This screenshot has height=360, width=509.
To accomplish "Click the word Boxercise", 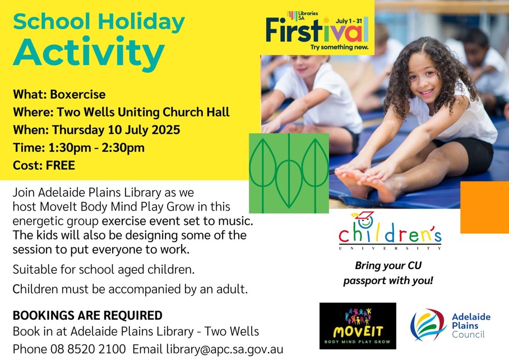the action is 77,94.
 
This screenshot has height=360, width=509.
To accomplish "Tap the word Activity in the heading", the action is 89,53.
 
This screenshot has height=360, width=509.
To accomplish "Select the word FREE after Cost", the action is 61,165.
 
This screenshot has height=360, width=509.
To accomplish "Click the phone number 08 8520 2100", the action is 88,349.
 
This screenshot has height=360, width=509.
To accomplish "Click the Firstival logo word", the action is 317,30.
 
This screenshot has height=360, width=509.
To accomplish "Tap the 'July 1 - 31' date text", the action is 349,21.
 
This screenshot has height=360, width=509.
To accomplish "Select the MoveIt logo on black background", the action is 358,326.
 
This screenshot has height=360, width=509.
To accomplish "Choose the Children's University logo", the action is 390,231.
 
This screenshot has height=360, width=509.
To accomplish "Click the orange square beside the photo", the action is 485,207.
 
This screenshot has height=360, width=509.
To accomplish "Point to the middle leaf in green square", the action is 289,183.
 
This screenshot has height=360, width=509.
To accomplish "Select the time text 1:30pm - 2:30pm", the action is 96,147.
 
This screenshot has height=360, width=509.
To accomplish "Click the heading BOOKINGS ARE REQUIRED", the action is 87,315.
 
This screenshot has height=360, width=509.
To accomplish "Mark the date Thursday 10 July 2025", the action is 116,130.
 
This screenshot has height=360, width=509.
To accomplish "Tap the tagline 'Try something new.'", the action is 339,48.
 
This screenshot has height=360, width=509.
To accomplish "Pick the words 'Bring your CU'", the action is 388,266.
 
